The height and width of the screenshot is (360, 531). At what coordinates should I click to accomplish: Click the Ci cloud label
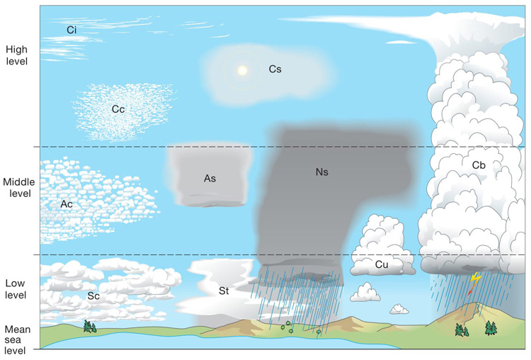[x=72, y=30]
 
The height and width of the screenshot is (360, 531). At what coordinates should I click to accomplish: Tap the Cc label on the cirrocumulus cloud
[x=118, y=109]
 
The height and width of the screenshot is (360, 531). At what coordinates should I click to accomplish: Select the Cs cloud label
[x=275, y=69]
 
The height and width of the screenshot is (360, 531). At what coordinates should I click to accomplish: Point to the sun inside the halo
[x=243, y=70]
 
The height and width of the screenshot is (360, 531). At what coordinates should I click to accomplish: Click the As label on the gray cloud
[x=210, y=179]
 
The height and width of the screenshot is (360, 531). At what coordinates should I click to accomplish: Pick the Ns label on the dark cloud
[x=322, y=171]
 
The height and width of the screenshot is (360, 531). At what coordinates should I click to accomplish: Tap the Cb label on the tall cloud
[x=479, y=164]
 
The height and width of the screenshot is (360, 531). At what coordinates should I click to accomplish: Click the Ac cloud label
[x=67, y=204]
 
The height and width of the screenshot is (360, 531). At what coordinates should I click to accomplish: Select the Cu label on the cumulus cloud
[x=382, y=264]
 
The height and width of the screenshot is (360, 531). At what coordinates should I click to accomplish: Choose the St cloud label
[x=223, y=290]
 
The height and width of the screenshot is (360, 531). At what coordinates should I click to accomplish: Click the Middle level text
[x=18, y=187]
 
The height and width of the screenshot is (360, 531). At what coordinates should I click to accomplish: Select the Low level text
[x=16, y=289]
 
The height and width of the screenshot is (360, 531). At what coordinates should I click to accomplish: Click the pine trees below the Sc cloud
[x=89, y=326]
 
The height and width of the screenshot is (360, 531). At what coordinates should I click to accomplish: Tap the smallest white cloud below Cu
[x=399, y=309]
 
